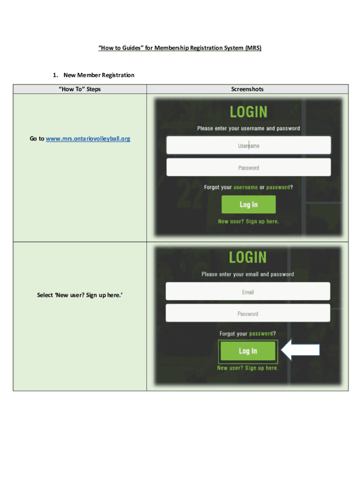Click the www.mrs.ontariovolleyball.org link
[88, 139]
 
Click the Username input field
[248, 145]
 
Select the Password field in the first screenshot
[248, 167]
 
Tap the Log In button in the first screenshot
[248, 204]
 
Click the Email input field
[248, 292]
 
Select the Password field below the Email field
[248, 313]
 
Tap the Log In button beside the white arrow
[248, 351]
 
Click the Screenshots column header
[247, 89]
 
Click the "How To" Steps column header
[79, 89]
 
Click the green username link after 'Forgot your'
[245, 187]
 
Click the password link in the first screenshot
[278, 187]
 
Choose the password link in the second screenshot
[261, 334]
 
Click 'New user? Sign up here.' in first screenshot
[248, 221]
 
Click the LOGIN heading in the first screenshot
[248, 112]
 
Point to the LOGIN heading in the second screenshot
[248, 258]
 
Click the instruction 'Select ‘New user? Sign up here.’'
[79, 295]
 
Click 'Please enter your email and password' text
[248, 274]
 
